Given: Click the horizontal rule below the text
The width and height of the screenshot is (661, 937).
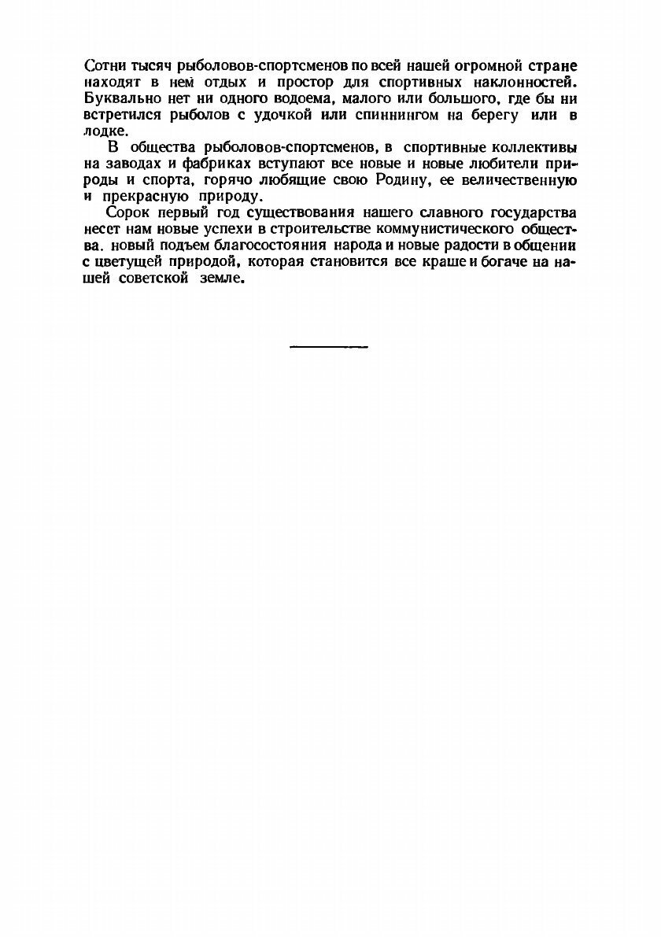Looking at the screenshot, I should [329, 345].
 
